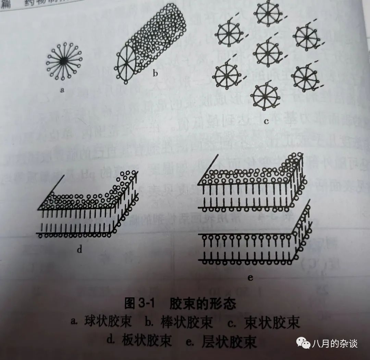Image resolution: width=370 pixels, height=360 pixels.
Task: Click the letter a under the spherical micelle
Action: point(62,91)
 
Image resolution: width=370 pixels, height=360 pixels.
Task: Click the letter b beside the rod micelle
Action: point(155,73)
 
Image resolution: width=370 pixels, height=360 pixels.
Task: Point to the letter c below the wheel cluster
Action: point(266,121)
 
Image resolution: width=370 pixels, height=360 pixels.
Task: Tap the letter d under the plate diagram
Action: point(79,249)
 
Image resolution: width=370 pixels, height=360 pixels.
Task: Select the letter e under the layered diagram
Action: point(250,278)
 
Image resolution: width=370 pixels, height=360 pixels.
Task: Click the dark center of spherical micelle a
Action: point(63,60)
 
